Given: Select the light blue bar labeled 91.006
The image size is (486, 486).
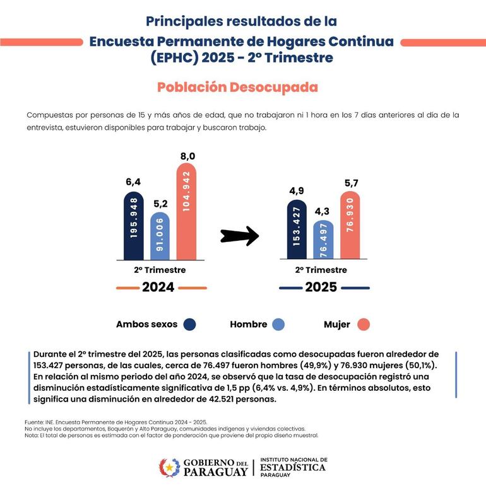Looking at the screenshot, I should tap(160, 236).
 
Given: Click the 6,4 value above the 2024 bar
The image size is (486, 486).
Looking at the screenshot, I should tap(133, 182).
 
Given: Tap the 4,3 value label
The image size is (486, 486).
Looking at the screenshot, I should tap(323, 195).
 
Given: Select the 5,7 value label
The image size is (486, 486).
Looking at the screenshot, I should tap(350, 183).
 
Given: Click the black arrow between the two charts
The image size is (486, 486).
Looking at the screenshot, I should tap(240, 236).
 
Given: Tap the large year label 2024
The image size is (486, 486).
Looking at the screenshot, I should tap(158, 287).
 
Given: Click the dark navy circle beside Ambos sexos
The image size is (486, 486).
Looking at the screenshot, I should tap(189, 324).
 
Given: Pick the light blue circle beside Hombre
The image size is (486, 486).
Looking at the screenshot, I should tap(278, 324).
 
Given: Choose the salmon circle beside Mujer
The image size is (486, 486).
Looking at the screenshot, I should tap(362, 324).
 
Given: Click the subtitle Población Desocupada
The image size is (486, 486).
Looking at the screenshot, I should tap(237, 86).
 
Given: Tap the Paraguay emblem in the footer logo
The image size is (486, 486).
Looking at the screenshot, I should tap(169, 468).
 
